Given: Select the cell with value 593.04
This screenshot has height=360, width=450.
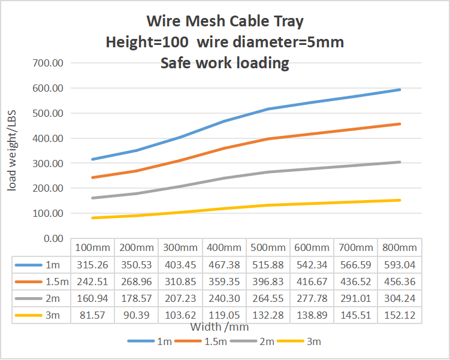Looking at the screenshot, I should tap(400, 265).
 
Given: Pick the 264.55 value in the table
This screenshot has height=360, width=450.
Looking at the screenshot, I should tap(268, 299).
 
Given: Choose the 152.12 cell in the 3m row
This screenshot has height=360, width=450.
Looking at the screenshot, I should tap(400, 316).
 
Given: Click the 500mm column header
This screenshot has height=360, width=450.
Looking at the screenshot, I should tap(268, 247).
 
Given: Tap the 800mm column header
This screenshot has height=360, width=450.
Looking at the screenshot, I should tap(400, 247).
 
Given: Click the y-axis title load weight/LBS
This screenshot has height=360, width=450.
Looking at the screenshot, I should tap(12, 152).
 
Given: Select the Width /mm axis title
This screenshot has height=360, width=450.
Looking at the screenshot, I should tap(219, 327).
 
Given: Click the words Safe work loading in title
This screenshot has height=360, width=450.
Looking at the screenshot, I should tap(225, 62).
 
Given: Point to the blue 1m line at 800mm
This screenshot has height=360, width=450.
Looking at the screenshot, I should tap(400, 90).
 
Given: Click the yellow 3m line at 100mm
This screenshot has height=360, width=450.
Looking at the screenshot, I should tap(93, 217).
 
